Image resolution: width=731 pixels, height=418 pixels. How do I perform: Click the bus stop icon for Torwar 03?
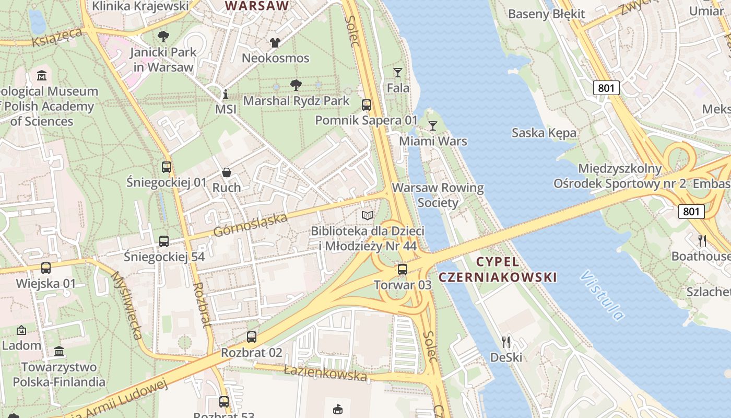402,270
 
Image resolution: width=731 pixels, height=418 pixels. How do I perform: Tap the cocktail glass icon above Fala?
398,73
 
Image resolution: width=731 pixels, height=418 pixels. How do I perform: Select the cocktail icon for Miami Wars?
433,125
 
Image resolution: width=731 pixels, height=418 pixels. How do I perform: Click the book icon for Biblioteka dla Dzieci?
368,215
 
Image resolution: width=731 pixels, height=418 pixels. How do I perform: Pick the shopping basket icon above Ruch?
227,172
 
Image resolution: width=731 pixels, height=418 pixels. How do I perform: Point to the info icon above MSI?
226,94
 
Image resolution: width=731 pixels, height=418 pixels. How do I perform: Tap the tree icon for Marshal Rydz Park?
296,85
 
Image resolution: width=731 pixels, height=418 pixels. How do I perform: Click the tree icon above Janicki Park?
163,36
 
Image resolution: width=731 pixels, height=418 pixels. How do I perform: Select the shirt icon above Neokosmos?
275,42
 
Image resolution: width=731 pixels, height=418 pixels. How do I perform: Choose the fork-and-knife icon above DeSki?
505,342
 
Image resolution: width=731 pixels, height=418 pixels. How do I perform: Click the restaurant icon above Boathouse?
702,240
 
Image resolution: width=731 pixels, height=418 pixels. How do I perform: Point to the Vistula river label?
603,295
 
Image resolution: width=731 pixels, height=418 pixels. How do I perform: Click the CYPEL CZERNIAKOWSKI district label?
498,269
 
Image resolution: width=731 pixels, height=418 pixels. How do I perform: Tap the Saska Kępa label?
544,133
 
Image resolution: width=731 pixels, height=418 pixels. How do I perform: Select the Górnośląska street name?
250,225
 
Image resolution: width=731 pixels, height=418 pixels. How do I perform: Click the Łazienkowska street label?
325,373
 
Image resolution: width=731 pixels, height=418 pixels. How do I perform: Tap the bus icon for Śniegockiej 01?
167,167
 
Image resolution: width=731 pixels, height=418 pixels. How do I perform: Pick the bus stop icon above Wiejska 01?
46,268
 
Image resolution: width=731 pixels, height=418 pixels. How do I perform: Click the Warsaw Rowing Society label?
438,195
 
